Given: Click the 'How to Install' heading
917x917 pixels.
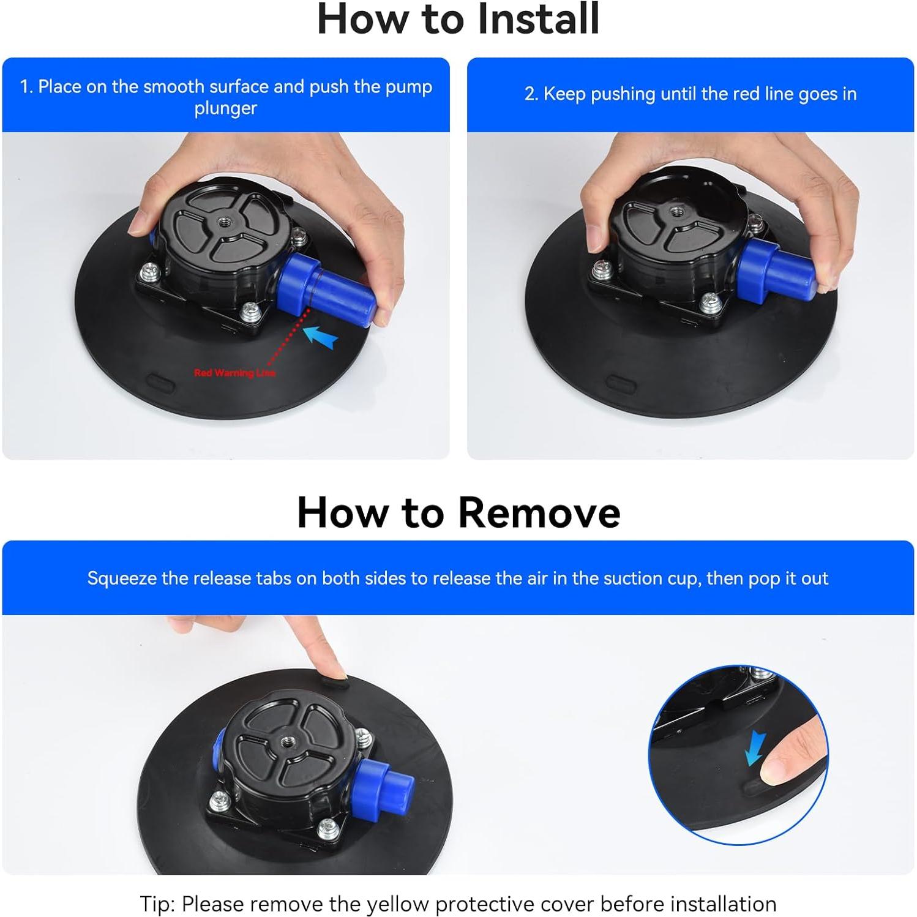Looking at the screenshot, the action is pos(458,19).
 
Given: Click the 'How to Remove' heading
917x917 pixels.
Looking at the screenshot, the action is pos(458,512).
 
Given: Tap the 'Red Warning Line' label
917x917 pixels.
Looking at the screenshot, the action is pos(234,373).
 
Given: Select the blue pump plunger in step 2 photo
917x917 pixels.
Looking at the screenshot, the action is pos(776,272).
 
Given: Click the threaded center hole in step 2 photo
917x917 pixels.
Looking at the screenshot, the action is pos(676,212).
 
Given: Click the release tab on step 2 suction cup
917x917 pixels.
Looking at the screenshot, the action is pos(621,386).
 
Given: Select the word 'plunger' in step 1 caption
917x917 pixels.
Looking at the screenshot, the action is pos(226,108).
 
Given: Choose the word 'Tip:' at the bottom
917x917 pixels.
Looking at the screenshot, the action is pos(158,904).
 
